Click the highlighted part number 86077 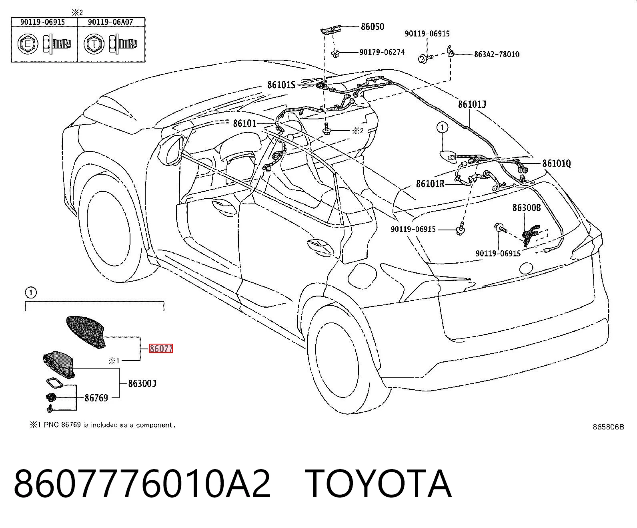click(x=161, y=349)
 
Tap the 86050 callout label click(x=373, y=26)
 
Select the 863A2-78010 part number click(x=497, y=54)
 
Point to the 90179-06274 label click(x=382, y=52)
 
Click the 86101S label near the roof click(x=281, y=85)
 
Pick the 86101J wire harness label click(x=472, y=105)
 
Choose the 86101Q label click(x=557, y=163)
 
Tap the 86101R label click(x=430, y=183)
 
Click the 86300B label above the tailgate click(x=527, y=208)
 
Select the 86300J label click(x=142, y=383)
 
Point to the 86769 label click(x=96, y=398)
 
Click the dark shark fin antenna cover click(x=86, y=332)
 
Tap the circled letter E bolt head click(x=28, y=44)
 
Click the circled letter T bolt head click(x=94, y=44)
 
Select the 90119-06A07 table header click(x=110, y=22)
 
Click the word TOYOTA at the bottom click(x=378, y=484)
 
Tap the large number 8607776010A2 click(x=142, y=484)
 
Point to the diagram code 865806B click(x=608, y=427)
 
